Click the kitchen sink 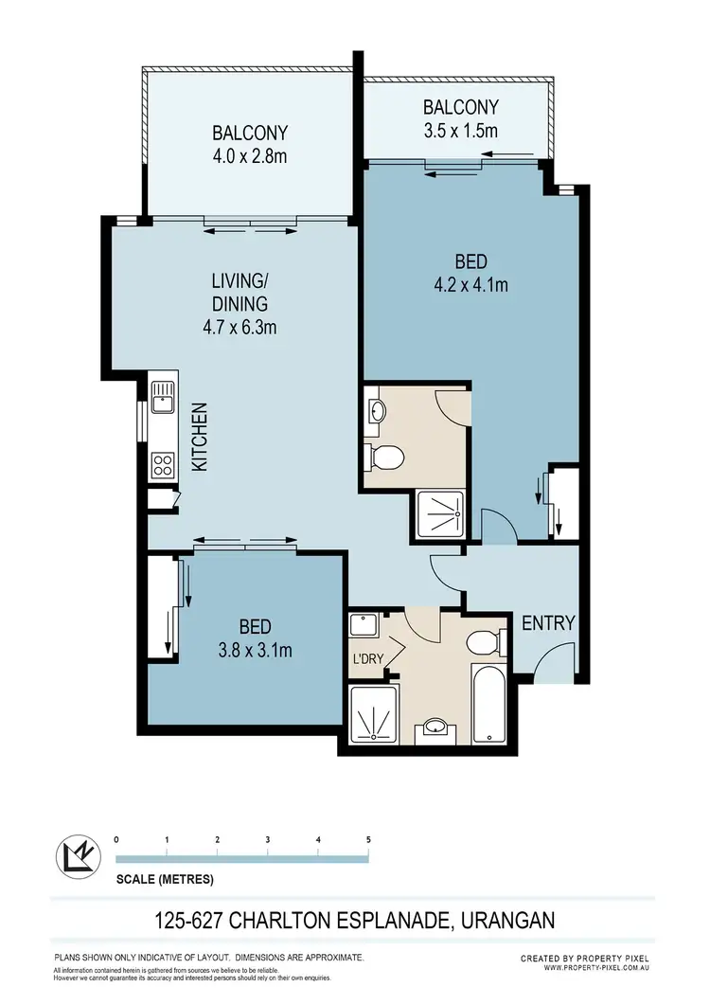pyautogui.click(x=163, y=397)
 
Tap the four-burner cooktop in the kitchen pyautogui.click(x=163, y=464)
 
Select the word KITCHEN pyautogui.click(x=200, y=438)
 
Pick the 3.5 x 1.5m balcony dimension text pyautogui.click(x=460, y=131)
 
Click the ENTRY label pyautogui.click(x=548, y=622)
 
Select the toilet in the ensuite pyautogui.click(x=385, y=458)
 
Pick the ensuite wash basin pyautogui.click(x=376, y=411)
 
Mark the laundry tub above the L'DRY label pyautogui.click(x=363, y=625)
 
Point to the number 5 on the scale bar pyautogui.click(x=368, y=839)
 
